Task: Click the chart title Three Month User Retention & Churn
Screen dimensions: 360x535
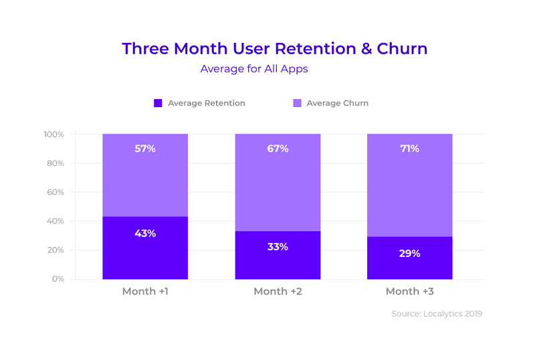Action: (x=274, y=49)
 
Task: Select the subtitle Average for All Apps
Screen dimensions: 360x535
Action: (x=253, y=69)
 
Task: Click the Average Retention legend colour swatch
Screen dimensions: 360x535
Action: (x=158, y=103)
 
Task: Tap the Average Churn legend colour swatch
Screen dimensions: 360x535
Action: (x=297, y=103)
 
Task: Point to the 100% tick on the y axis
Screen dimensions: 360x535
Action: (x=53, y=134)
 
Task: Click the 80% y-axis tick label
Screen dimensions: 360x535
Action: (x=56, y=163)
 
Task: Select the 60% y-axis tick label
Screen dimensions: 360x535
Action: (x=56, y=192)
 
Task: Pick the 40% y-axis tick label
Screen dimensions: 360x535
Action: (x=56, y=221)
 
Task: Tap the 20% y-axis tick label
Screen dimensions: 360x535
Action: (x=56, y=250)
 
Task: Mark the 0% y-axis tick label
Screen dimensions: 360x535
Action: (x=58, y=279)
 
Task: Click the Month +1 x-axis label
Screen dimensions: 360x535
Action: (x=145, y=292)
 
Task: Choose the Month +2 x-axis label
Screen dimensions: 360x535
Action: (x=277, y=292)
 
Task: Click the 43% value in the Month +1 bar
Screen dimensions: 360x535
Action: (x=145, y=234)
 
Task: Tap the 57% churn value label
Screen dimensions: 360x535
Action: (x=145, y=149)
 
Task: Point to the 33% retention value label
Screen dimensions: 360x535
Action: (x=277, y=247)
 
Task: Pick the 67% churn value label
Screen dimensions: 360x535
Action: (x=277, y=149)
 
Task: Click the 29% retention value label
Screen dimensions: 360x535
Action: (x=409, y=254)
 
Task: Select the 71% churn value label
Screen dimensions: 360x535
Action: (x=409, y=149)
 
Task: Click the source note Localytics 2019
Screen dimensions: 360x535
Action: (x=436, y=313)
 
